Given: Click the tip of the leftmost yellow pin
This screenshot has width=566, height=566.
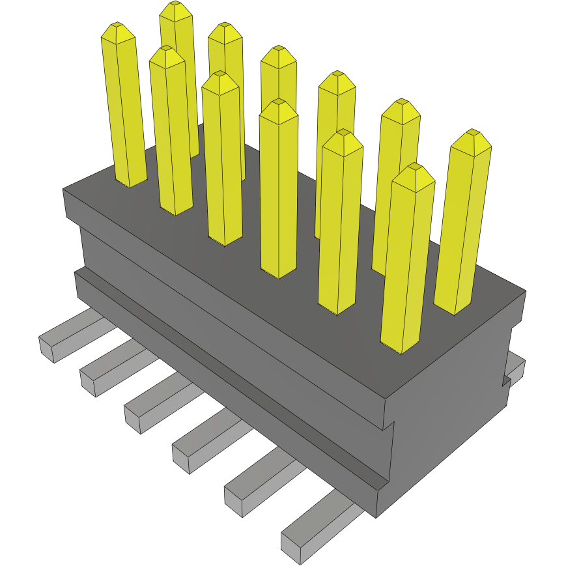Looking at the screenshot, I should click(x=117, y=26).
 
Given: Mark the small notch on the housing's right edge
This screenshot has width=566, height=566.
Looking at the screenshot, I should click(x=505, y=381).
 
